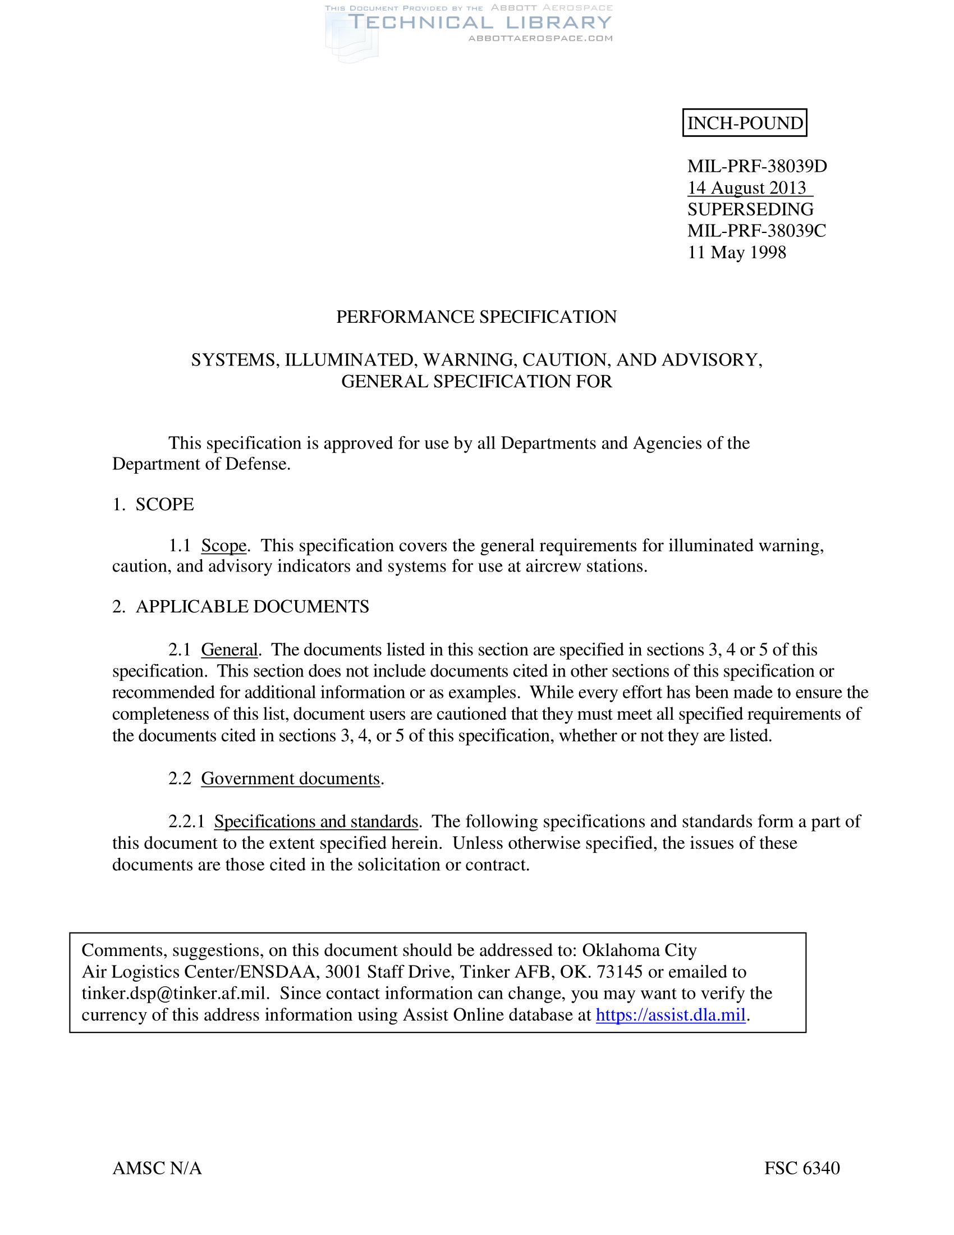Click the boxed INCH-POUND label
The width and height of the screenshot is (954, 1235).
744,123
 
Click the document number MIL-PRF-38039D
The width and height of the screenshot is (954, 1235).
757,166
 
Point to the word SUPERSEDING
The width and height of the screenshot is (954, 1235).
750,209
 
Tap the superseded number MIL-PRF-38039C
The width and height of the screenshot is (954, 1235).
756,231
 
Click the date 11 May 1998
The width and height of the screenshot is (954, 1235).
736,252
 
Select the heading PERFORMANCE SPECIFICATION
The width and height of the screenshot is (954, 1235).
476,317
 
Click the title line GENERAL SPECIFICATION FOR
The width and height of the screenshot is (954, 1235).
476,381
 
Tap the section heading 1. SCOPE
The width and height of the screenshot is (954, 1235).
153,504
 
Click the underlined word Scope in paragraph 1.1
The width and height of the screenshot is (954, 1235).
224,545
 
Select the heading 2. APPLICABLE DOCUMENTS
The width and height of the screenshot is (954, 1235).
241,606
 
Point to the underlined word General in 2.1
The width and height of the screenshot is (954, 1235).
229,649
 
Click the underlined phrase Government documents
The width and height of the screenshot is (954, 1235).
291,778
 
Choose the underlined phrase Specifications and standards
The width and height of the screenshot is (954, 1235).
316,821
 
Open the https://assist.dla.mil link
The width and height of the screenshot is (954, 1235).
670,1014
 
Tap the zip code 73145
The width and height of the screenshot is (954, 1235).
620,972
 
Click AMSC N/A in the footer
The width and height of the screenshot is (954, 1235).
157,1168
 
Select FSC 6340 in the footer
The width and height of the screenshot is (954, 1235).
802,1168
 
